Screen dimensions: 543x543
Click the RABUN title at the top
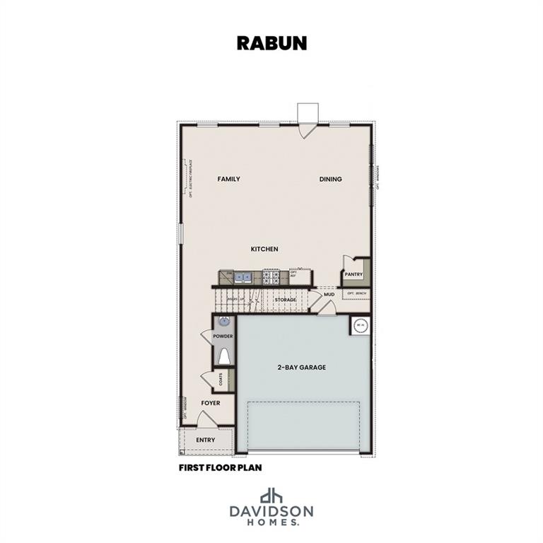click(x=271, y=42)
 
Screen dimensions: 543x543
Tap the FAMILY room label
click(x=228, y=180)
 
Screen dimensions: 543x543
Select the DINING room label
click(x=330, y=180)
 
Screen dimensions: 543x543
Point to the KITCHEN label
click(x=264, y=249)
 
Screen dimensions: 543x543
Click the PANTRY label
click(x=354, y=274)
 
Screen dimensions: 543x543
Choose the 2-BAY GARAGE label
click(x=301, y=368)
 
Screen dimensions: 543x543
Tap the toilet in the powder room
click(x=224, y=356)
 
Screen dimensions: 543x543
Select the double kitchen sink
click(x=242, y=276)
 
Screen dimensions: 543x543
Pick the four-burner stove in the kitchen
click(x=271, y=276)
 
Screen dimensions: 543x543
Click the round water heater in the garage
click(x=361, y=326)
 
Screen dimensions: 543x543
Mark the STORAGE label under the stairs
click(x=286, y=300)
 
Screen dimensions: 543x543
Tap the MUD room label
click(x=329, y=294)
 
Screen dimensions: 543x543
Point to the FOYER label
click(x=210, y=403)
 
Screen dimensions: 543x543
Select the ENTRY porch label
click(x=206, y=440)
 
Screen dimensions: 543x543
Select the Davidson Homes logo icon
click(x=271, y=495)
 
